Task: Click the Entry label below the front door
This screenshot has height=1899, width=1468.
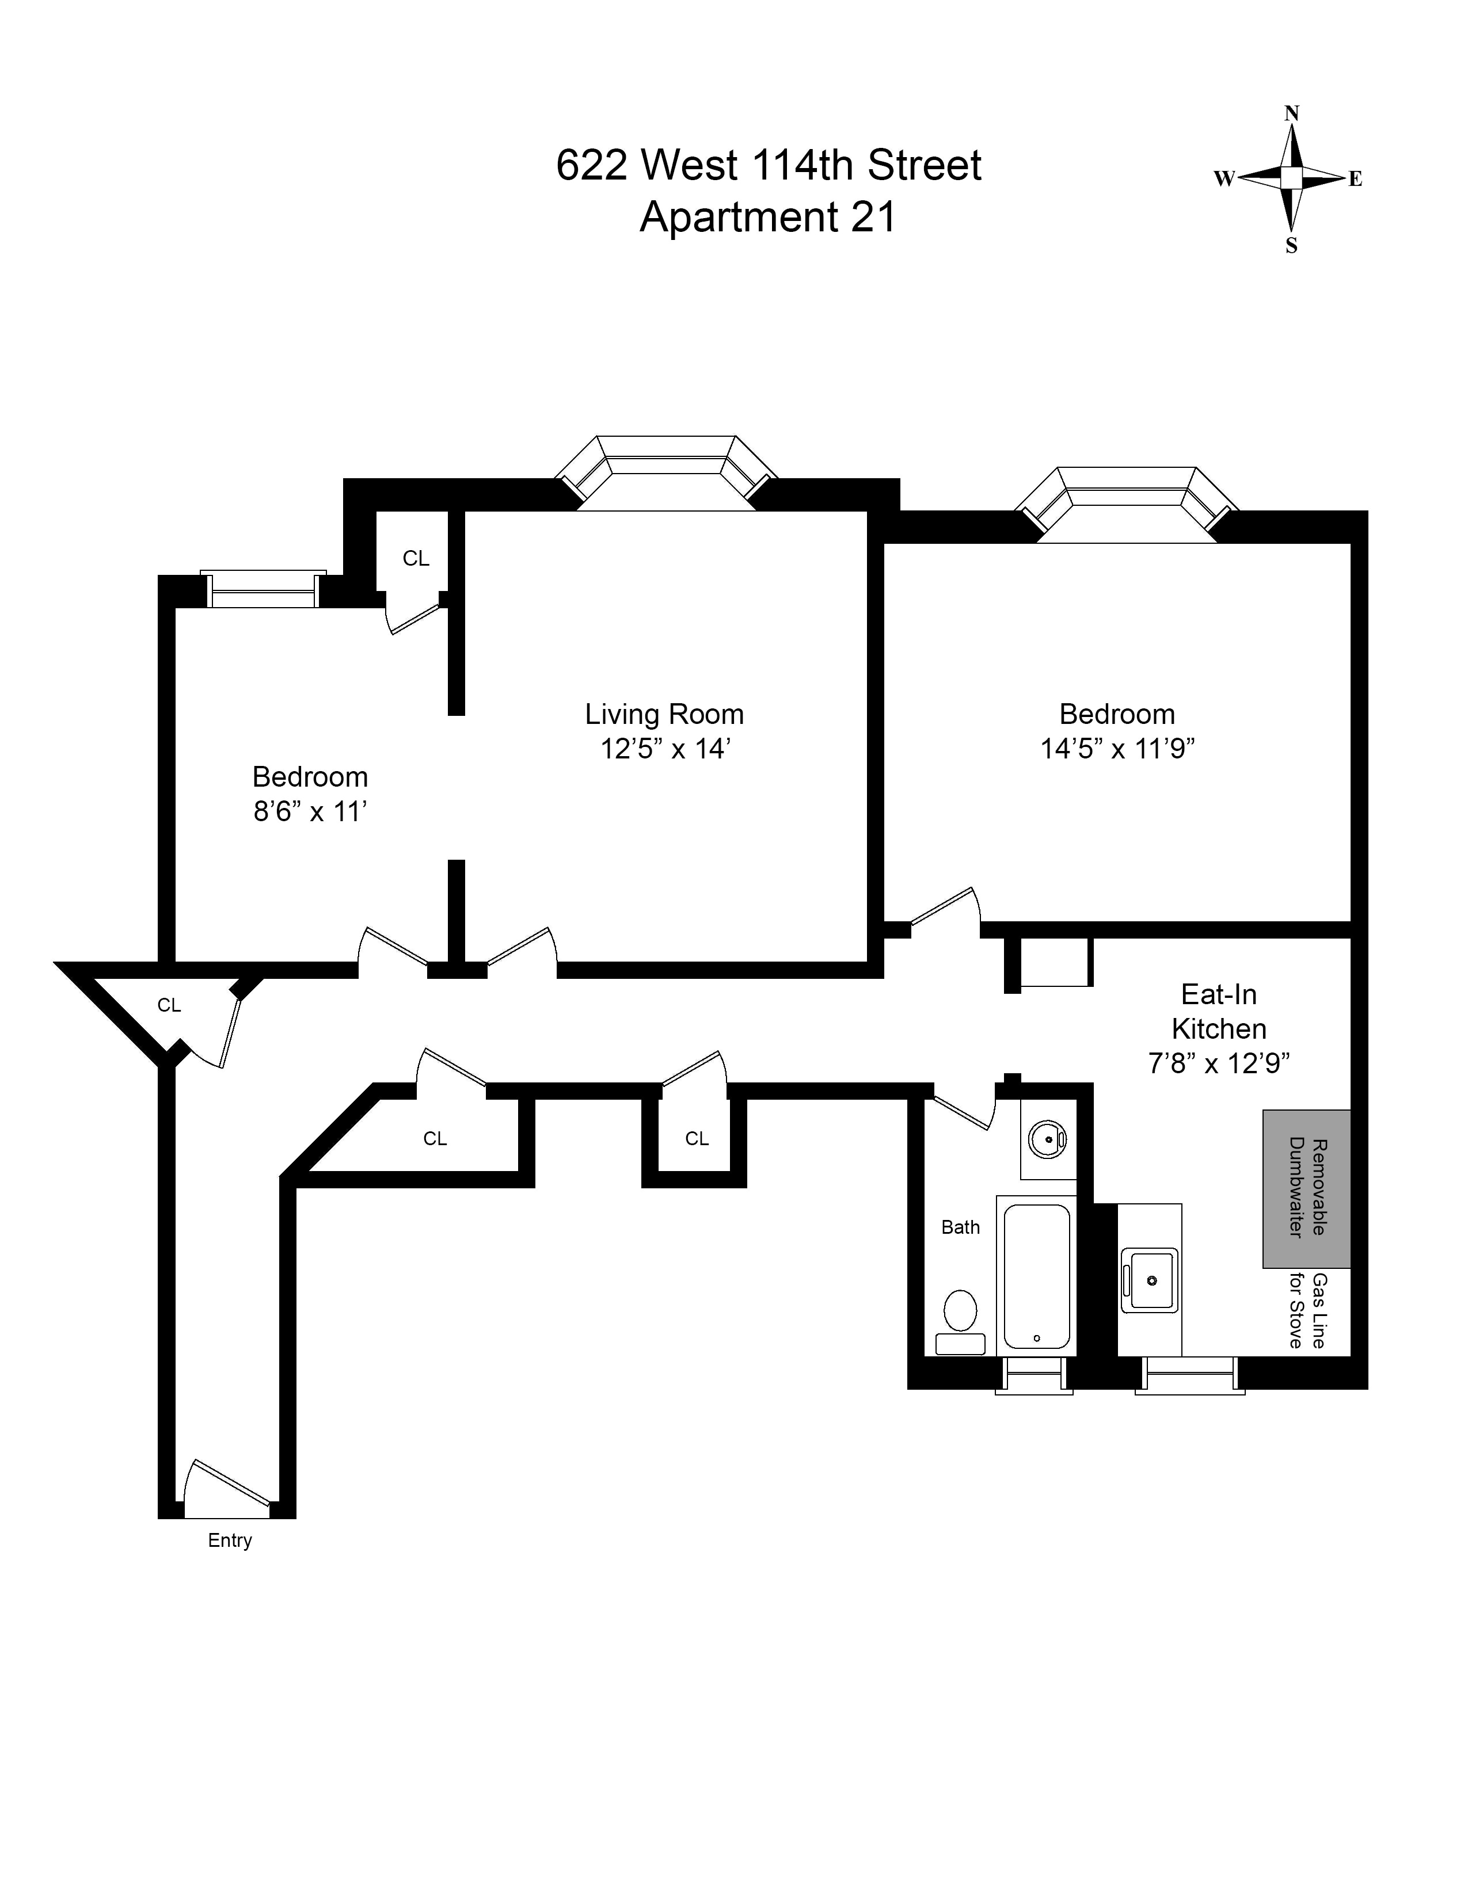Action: tap(230, 1540)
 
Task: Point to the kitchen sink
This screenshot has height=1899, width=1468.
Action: tap(1150, 1280)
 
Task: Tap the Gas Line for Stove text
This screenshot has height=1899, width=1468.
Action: tap(1307, 1311)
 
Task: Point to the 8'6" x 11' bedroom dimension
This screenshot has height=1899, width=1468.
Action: tap(310, 811)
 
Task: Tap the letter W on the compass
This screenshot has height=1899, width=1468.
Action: tap(1224, 179)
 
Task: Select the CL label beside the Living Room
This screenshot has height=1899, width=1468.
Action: tap(416, 558)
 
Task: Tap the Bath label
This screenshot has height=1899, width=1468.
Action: tap(960, 1227)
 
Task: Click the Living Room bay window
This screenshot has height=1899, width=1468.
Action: tap(666, 471)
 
